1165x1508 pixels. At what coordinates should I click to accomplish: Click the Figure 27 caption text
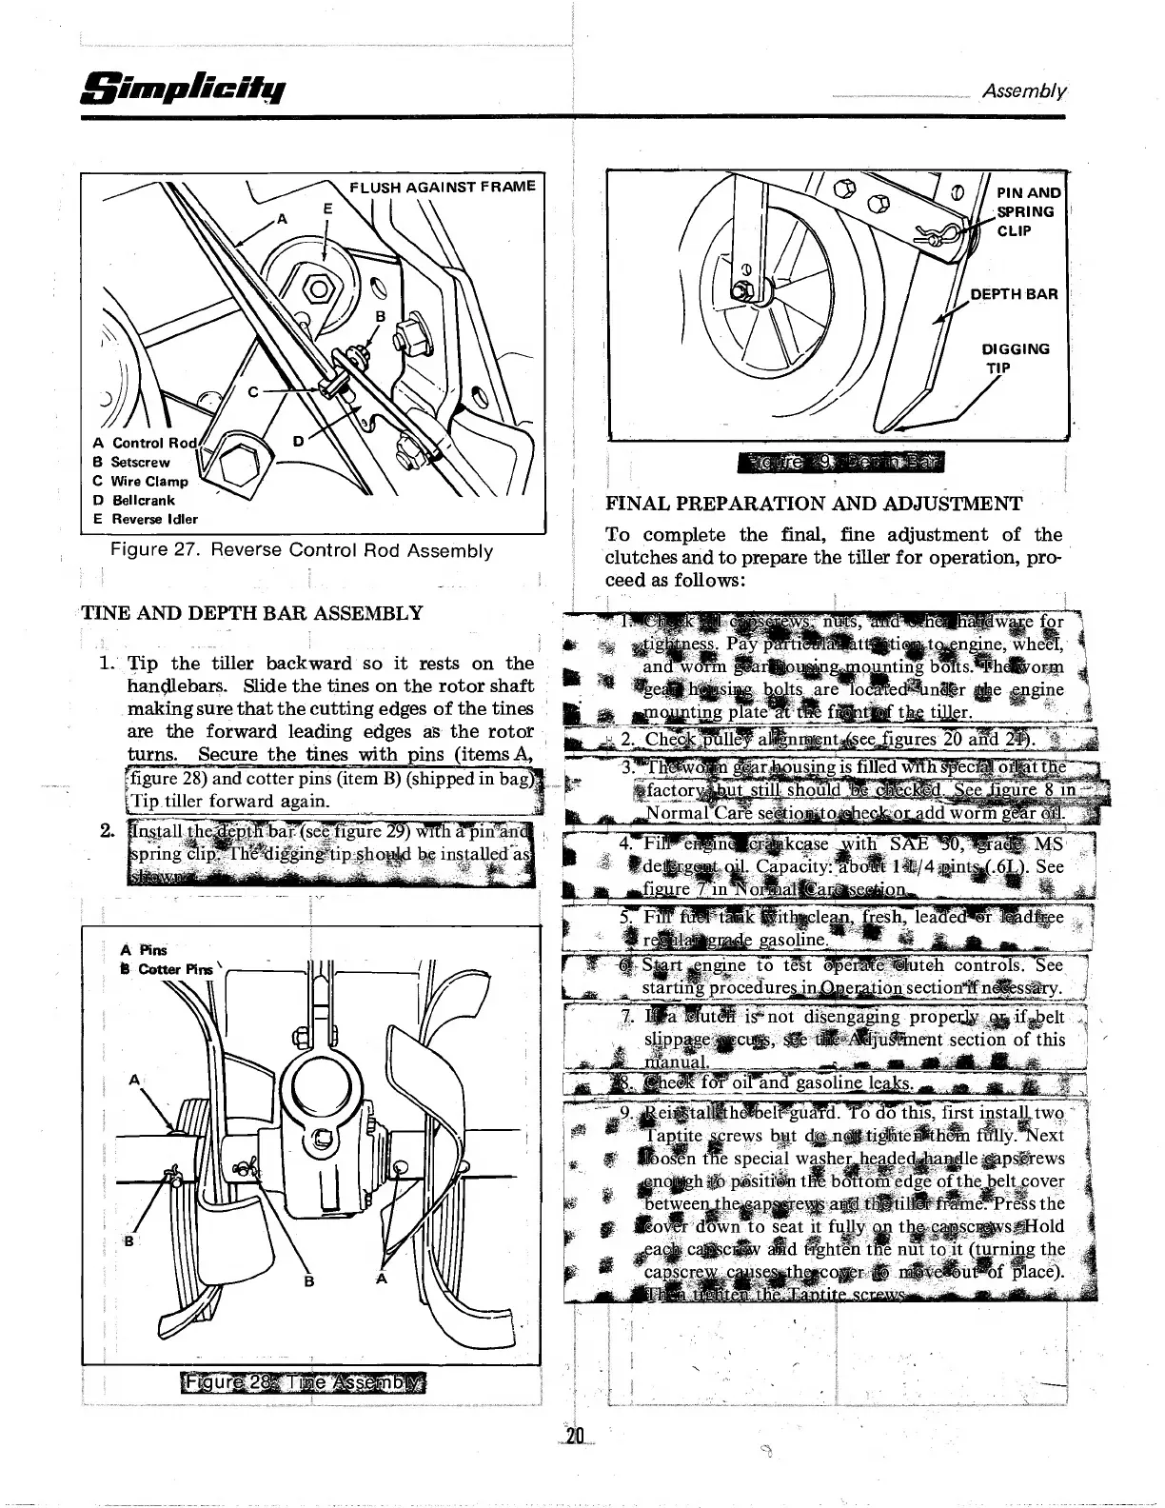click(x=302, y=550)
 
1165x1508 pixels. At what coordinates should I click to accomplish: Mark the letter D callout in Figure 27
click(x=298, y=441)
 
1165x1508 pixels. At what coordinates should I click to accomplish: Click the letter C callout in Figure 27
click(x=253, y=390)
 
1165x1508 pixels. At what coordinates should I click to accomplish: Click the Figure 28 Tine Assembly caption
click(x=306, y=1381)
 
